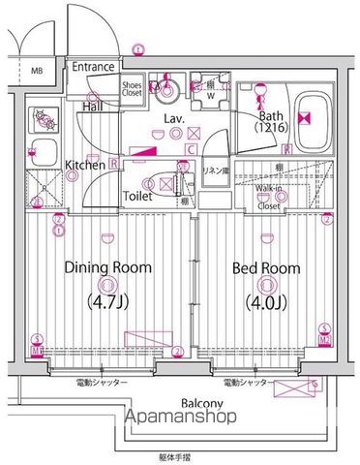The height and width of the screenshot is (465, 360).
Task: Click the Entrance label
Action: (94, 67)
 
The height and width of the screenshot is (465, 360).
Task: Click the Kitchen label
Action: (85, 166)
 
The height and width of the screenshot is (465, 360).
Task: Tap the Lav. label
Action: (174, 118)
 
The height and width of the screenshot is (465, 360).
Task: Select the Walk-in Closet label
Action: (269, 198)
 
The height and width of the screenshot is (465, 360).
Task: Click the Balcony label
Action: (201, 403)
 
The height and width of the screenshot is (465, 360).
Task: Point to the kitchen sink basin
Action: (44, 153)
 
